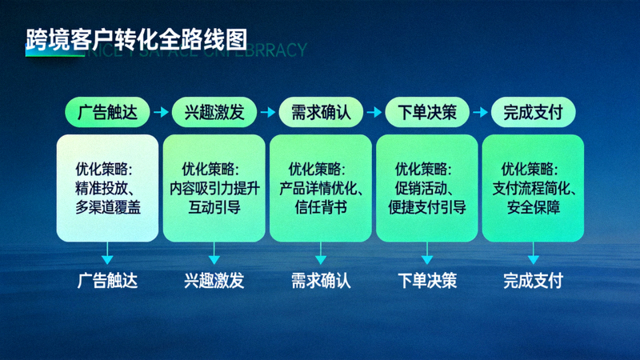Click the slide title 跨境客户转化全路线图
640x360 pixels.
tap(136, 38)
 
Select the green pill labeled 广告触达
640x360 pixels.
tap(107, 113)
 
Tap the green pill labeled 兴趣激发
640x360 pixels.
tap(214, 113)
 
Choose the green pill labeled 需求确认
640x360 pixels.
tap(320, 113)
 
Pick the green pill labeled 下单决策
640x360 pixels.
tap(426, 113)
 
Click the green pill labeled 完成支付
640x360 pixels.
tap(533, 113)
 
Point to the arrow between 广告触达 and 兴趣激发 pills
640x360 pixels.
tap(161, 113)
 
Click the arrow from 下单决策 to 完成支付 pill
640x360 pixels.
tap(480, 113)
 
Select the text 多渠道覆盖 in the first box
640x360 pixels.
tap(107, 208)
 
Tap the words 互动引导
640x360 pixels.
tap(214, 208)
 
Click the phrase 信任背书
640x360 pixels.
tap(320, 208)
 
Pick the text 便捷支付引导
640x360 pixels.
tap(426, 208)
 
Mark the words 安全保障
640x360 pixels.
tap(533, 208)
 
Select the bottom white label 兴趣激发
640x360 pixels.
tap(214, 282)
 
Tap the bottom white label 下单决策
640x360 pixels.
tap(426, 282)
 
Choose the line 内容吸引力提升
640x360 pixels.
tap(214, 189)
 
